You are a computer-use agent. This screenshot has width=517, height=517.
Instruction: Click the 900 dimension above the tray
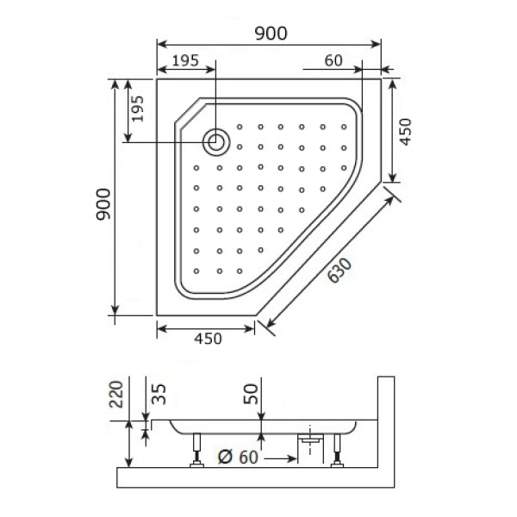point(271,32)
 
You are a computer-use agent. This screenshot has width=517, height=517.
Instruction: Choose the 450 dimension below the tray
point(207,339)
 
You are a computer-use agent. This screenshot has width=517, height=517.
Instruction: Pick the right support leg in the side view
point(336,450)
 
